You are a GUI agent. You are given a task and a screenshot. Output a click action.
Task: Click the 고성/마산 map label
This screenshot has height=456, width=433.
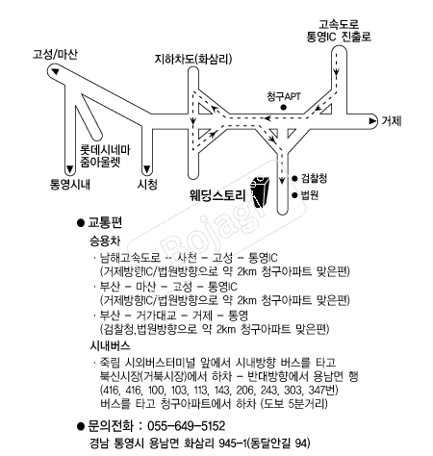point(55,54)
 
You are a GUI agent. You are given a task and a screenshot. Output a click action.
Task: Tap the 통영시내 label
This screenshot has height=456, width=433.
point(70,185)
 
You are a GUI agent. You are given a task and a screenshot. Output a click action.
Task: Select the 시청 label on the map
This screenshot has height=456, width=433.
point(147,184)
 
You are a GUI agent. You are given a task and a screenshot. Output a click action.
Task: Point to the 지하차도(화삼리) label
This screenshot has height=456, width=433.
point(193,59)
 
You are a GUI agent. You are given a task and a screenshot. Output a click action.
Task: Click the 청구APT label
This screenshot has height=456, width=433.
point(284,96)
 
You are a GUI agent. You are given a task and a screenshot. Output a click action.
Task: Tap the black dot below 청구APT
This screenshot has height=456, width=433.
point(283,108)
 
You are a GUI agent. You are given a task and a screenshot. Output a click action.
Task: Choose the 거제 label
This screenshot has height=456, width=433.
point(392,121)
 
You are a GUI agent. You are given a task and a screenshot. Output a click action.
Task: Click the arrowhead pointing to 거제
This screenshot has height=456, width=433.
point(372,121)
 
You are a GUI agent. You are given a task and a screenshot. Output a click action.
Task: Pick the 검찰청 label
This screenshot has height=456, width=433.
point(314,178)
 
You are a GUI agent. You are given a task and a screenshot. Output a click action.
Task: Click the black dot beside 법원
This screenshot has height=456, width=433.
point(294,195)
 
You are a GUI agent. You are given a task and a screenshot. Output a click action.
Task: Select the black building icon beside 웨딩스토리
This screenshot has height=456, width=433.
point(260,191)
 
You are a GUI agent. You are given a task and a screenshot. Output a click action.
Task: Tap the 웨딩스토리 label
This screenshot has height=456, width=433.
point(217,195)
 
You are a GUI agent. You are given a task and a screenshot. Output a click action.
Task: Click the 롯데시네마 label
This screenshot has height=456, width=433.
point(105,150)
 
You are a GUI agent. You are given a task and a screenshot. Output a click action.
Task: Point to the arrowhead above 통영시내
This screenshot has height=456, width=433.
point(69,169)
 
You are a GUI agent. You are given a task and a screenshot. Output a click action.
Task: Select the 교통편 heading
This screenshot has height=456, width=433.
point(105,222)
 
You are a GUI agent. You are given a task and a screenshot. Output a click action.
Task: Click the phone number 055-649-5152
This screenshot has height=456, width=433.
point(186,426)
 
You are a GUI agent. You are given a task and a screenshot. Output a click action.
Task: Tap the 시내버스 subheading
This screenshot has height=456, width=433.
point(110,345)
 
